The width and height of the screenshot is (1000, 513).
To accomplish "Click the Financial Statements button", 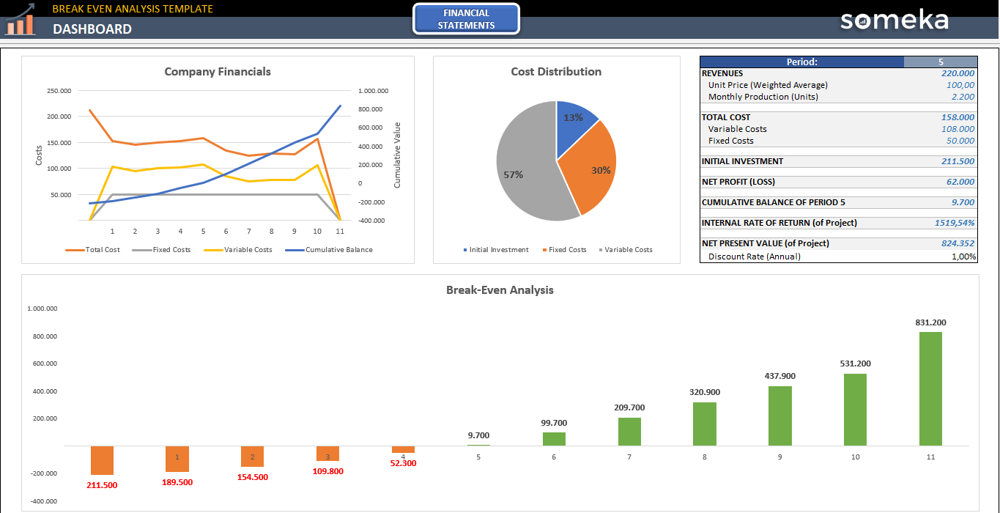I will (466, 19).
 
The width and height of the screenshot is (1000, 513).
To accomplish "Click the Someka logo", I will (894, 20).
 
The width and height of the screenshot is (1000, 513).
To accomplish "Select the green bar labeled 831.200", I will (930, 388).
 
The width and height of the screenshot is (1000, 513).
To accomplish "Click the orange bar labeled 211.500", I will (102, 460).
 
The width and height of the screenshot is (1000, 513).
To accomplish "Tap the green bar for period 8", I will (705, 424).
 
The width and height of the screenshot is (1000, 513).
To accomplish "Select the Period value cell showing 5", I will (941, 62).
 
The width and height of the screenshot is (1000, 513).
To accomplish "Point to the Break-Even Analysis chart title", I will (500, 290).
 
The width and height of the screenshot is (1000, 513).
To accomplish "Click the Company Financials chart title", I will (218, 72).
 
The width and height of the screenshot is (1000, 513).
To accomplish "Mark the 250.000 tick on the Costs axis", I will (59, 91).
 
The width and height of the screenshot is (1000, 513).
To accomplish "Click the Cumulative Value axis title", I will (398, 155).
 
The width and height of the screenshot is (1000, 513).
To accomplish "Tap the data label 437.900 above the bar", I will (780, 376).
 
